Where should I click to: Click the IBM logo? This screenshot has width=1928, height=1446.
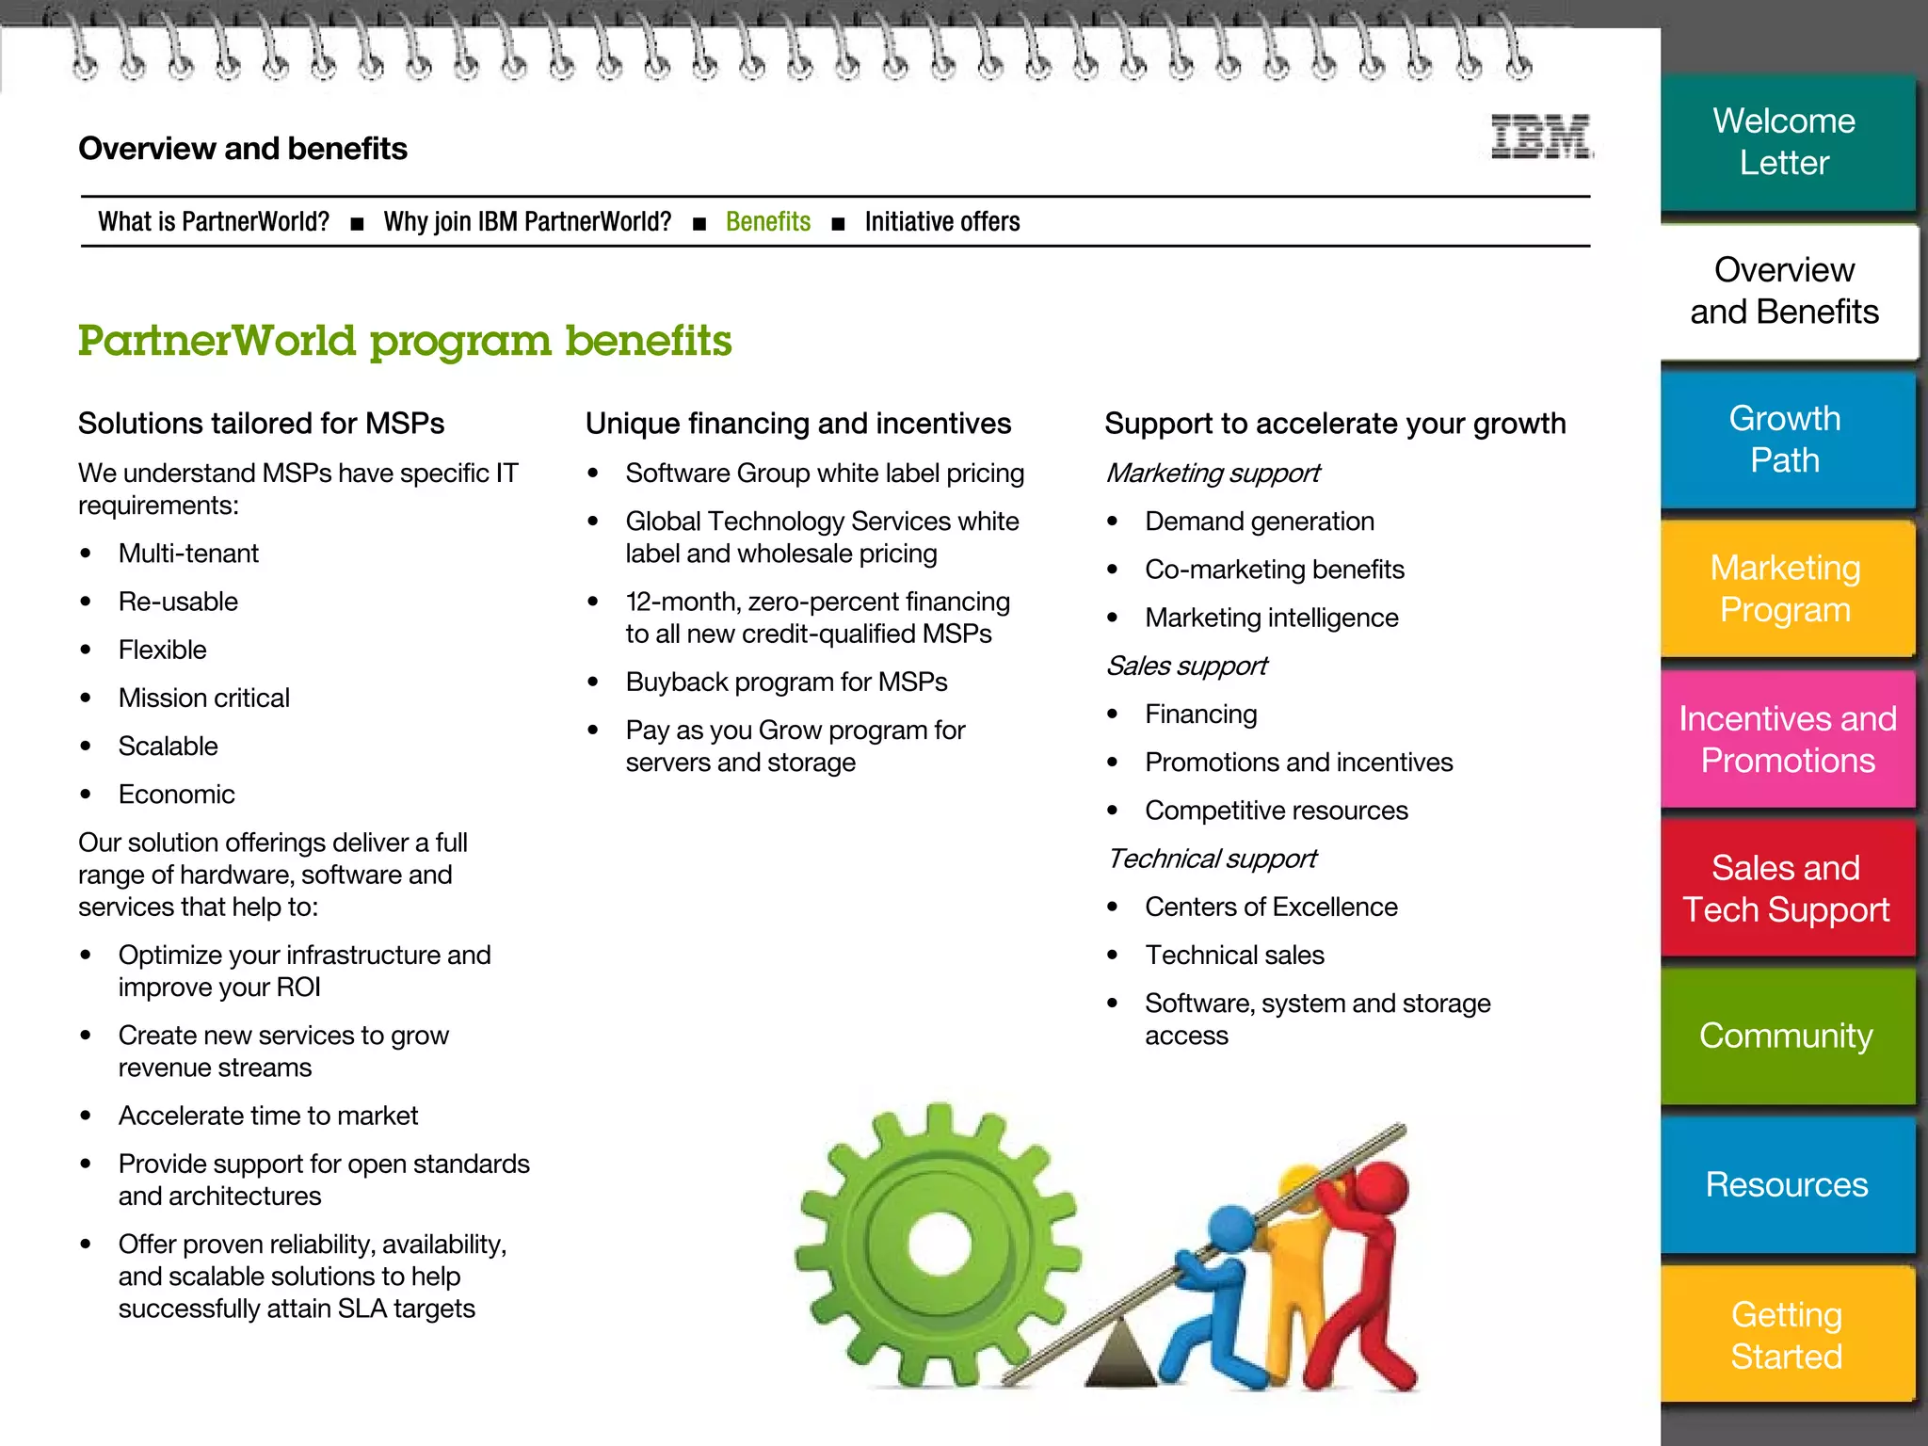click(1541, 137)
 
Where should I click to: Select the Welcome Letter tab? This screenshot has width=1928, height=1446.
click(1785, 142)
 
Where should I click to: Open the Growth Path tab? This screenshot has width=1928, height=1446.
click(1785, 440)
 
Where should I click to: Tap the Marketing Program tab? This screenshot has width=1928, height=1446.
click(1785, 589)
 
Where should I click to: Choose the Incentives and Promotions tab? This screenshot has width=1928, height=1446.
click(1787, 739)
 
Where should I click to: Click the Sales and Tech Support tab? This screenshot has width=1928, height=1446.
click(1786, 889)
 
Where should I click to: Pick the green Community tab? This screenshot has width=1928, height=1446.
click(1786, 1036)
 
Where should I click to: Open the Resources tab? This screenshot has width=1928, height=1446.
click(1786, 1184)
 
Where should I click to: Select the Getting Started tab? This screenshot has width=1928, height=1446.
click(1786, 1335)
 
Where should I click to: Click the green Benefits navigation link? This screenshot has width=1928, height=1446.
click(767, 222)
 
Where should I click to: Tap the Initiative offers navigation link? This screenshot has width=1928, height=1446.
click(941, 222)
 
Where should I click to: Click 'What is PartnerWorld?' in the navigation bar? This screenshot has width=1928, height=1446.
click(214, 222)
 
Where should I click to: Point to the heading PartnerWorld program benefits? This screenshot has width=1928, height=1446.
click(405, 341)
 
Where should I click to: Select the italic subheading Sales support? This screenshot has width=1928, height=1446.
click(1186, 667)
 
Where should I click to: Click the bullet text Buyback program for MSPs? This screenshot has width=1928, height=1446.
click(786, 683)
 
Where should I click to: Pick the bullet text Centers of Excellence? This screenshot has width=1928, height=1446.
click(1271, 908)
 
